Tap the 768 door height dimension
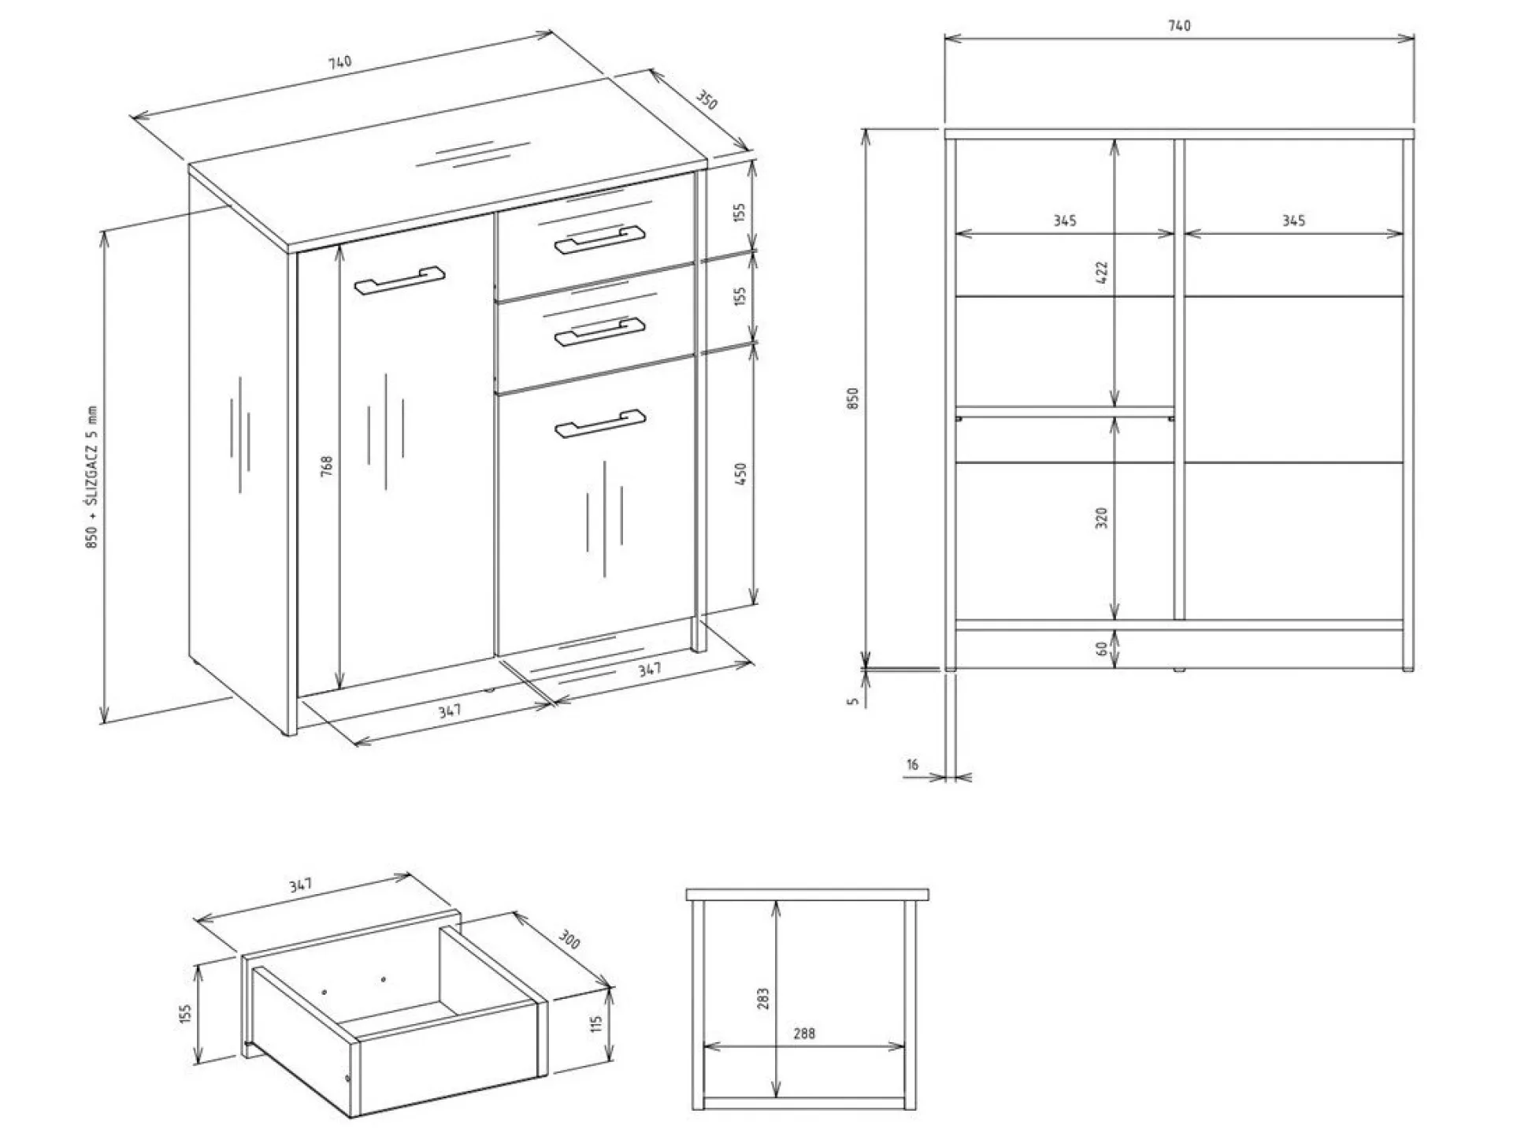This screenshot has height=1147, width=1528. pyautogui.click(x=328, y=465)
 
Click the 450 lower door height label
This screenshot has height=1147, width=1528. pyautogui.click(x=740, y=473)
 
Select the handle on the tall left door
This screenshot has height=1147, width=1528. pyautogui.click(x=399, y=280)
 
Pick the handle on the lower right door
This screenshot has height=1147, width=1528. pyautogui.click(x=599, y=423)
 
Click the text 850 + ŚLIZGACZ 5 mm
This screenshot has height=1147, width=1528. pyautogui.click(x=92, y=477)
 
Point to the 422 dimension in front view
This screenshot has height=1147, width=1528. pyautogui.click(x=1102, y=273)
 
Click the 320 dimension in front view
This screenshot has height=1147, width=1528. pyautogui.click(x=1101, y=518)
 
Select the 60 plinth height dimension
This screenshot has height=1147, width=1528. pyautogui.click(x=1101, y=649)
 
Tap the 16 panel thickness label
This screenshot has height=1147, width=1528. pyautogui.click(x=912, y=764)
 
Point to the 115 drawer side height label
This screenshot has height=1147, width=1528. pyautogui.click(x=596, y=1024)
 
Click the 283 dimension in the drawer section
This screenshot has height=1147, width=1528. pyautogui.click(x=762, y=1000)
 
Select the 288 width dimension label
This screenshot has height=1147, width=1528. pyautogui.click(x=804, y=1034)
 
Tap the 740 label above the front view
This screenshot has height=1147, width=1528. pyautogui.click(x=1179, y=26)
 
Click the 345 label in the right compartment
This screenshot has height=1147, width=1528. pyautogui.click(x=1293, y=221)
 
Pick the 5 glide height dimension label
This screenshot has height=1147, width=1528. pyautogui.click(x=853, y=701)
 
